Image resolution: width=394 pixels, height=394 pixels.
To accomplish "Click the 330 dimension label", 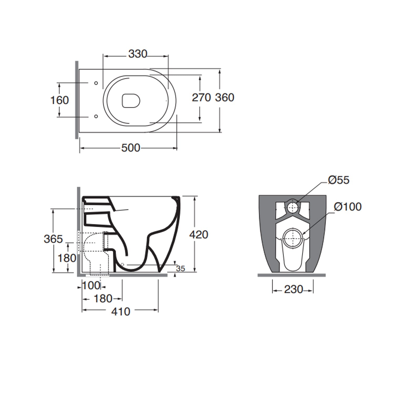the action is click(x=138, y=54).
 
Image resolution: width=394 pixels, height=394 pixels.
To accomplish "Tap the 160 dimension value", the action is click(x=59, y=100).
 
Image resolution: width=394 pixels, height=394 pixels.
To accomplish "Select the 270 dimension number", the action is click(x=201, y=97).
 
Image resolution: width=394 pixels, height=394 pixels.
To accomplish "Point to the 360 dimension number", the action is click(x=225, y=97).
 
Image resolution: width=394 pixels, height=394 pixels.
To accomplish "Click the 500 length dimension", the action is click(x=131, y=148).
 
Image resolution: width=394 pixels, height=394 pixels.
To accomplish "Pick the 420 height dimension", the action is click(x=199, y=235).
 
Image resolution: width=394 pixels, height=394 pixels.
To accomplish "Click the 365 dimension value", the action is click(x=53, y=239).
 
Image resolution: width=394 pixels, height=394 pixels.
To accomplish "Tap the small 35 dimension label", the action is click(x=180, y=268).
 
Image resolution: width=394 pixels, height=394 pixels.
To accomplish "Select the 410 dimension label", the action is click(x=121, y=312).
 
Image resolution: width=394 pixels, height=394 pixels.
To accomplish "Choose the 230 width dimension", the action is click(x=293, y=289).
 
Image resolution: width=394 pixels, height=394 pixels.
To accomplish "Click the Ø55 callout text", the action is click(x=339, y=180).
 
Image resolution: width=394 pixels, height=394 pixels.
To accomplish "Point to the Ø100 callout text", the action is click(x=348, y=207).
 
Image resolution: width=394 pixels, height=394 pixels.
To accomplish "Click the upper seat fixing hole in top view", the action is click(x=96, y=83).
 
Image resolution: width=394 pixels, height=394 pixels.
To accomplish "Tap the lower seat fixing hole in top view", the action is click(x=96, y=116).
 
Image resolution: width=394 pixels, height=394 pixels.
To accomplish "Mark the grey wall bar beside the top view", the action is click(x=77, y=100).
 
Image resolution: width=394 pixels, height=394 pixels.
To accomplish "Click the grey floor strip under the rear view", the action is click(x=292, y=275).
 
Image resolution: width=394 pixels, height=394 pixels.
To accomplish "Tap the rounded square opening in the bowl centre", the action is click(x=131, y=101).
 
